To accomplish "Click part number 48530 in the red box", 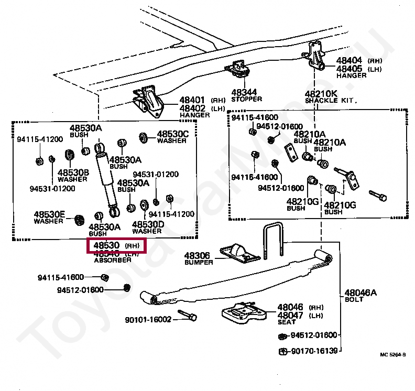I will pos(106,245).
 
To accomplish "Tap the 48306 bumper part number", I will pos(196,256).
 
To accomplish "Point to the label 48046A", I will pos(360,292).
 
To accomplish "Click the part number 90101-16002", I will pos(148,319).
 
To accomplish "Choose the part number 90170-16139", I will pos(314,351).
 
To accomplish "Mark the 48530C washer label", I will pos(172,134).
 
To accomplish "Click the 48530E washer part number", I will pos(50,214).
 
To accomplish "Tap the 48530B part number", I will pos(73,172).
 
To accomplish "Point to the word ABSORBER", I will pos(112,260).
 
